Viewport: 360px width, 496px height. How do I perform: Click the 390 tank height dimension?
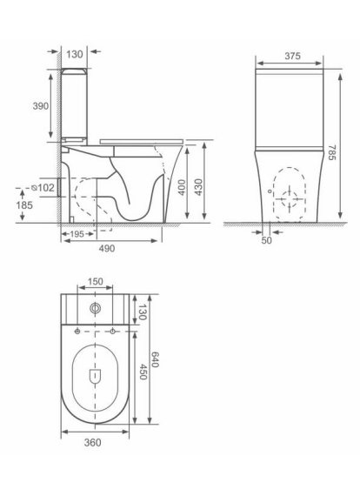point(41,104)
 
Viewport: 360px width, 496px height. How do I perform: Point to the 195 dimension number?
point(77,234)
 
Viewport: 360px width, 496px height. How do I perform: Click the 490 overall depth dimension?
point(106,248)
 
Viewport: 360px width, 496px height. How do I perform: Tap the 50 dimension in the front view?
point(266,241)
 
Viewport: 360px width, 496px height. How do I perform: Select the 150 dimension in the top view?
point(95,282)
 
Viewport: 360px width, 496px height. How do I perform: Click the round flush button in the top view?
point(96,308)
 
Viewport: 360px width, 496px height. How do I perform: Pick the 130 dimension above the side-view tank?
point(75,54)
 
